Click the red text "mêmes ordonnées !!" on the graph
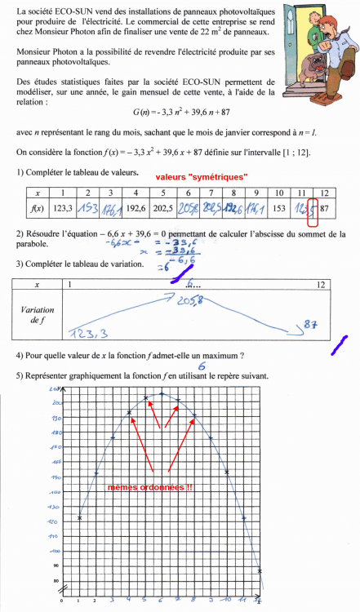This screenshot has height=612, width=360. click(x=150, y=487)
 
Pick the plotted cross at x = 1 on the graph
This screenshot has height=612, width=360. click(x=80, y=517)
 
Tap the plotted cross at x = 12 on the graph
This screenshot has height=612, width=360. click(x=260, y=570)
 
